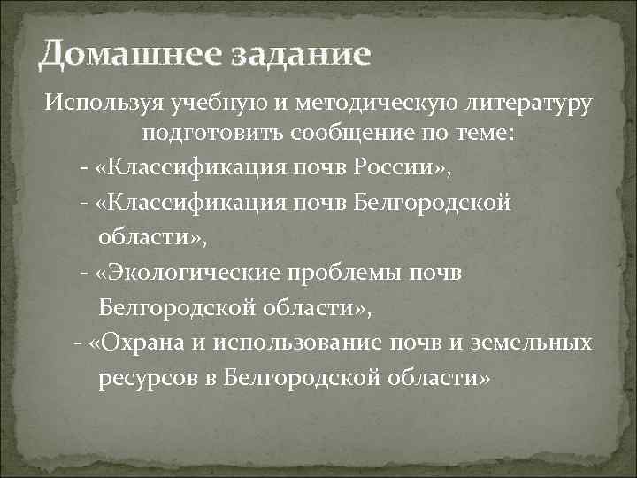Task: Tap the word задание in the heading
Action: click(301, 55)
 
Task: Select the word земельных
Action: click(530, 342)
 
